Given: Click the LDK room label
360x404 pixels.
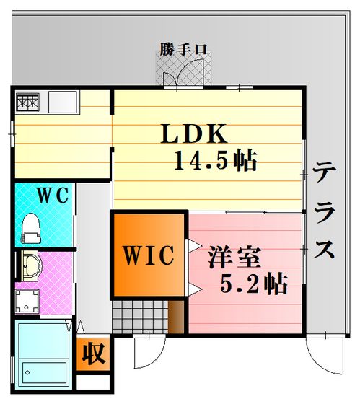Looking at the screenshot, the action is click(194, 133).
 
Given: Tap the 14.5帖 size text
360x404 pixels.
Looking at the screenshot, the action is click(216, 160).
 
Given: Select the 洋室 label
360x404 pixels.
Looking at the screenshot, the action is click(234, 257).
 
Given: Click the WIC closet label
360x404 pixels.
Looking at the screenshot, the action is click(149, 255).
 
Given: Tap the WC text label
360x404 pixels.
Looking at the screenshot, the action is click(53, 195).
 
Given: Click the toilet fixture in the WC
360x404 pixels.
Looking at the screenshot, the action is click(31, 228).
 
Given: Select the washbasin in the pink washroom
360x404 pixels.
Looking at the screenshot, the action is click(31, 266).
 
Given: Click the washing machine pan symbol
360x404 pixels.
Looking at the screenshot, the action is click(27, 301).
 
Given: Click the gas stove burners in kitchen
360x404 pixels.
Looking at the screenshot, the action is click(27, 102).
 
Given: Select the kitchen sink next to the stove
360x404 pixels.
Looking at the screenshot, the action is click(63, 102).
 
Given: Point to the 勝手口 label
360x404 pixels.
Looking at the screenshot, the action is click(183, 49).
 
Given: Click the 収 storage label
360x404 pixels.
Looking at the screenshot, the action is click(94, 353).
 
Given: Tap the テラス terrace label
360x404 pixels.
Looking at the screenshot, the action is click(325, 211).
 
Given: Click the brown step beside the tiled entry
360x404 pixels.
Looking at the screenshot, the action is click(176, 317).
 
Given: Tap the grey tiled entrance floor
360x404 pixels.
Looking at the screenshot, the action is click(141, 317).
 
